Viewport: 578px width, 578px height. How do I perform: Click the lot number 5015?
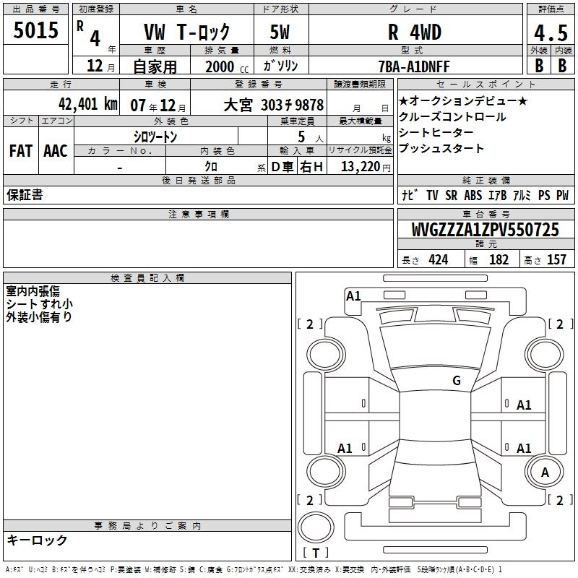click(x=35, y=30)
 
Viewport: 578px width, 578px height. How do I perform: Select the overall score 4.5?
click(x=551, y=33)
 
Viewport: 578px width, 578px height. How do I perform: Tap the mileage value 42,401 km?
click(x=88, y=104)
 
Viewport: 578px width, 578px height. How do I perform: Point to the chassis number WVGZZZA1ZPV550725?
click(x=485, y=230)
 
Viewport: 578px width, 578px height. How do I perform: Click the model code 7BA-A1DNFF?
click(x=414, y=66)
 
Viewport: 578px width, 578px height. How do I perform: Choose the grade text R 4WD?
click(x=415, y=32)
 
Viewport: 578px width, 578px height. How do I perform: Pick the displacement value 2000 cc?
click(x=227, y=66)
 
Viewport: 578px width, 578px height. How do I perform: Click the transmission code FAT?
click(x=21, y=151)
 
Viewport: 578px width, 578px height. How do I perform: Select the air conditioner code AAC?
click(x=56, y=151)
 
